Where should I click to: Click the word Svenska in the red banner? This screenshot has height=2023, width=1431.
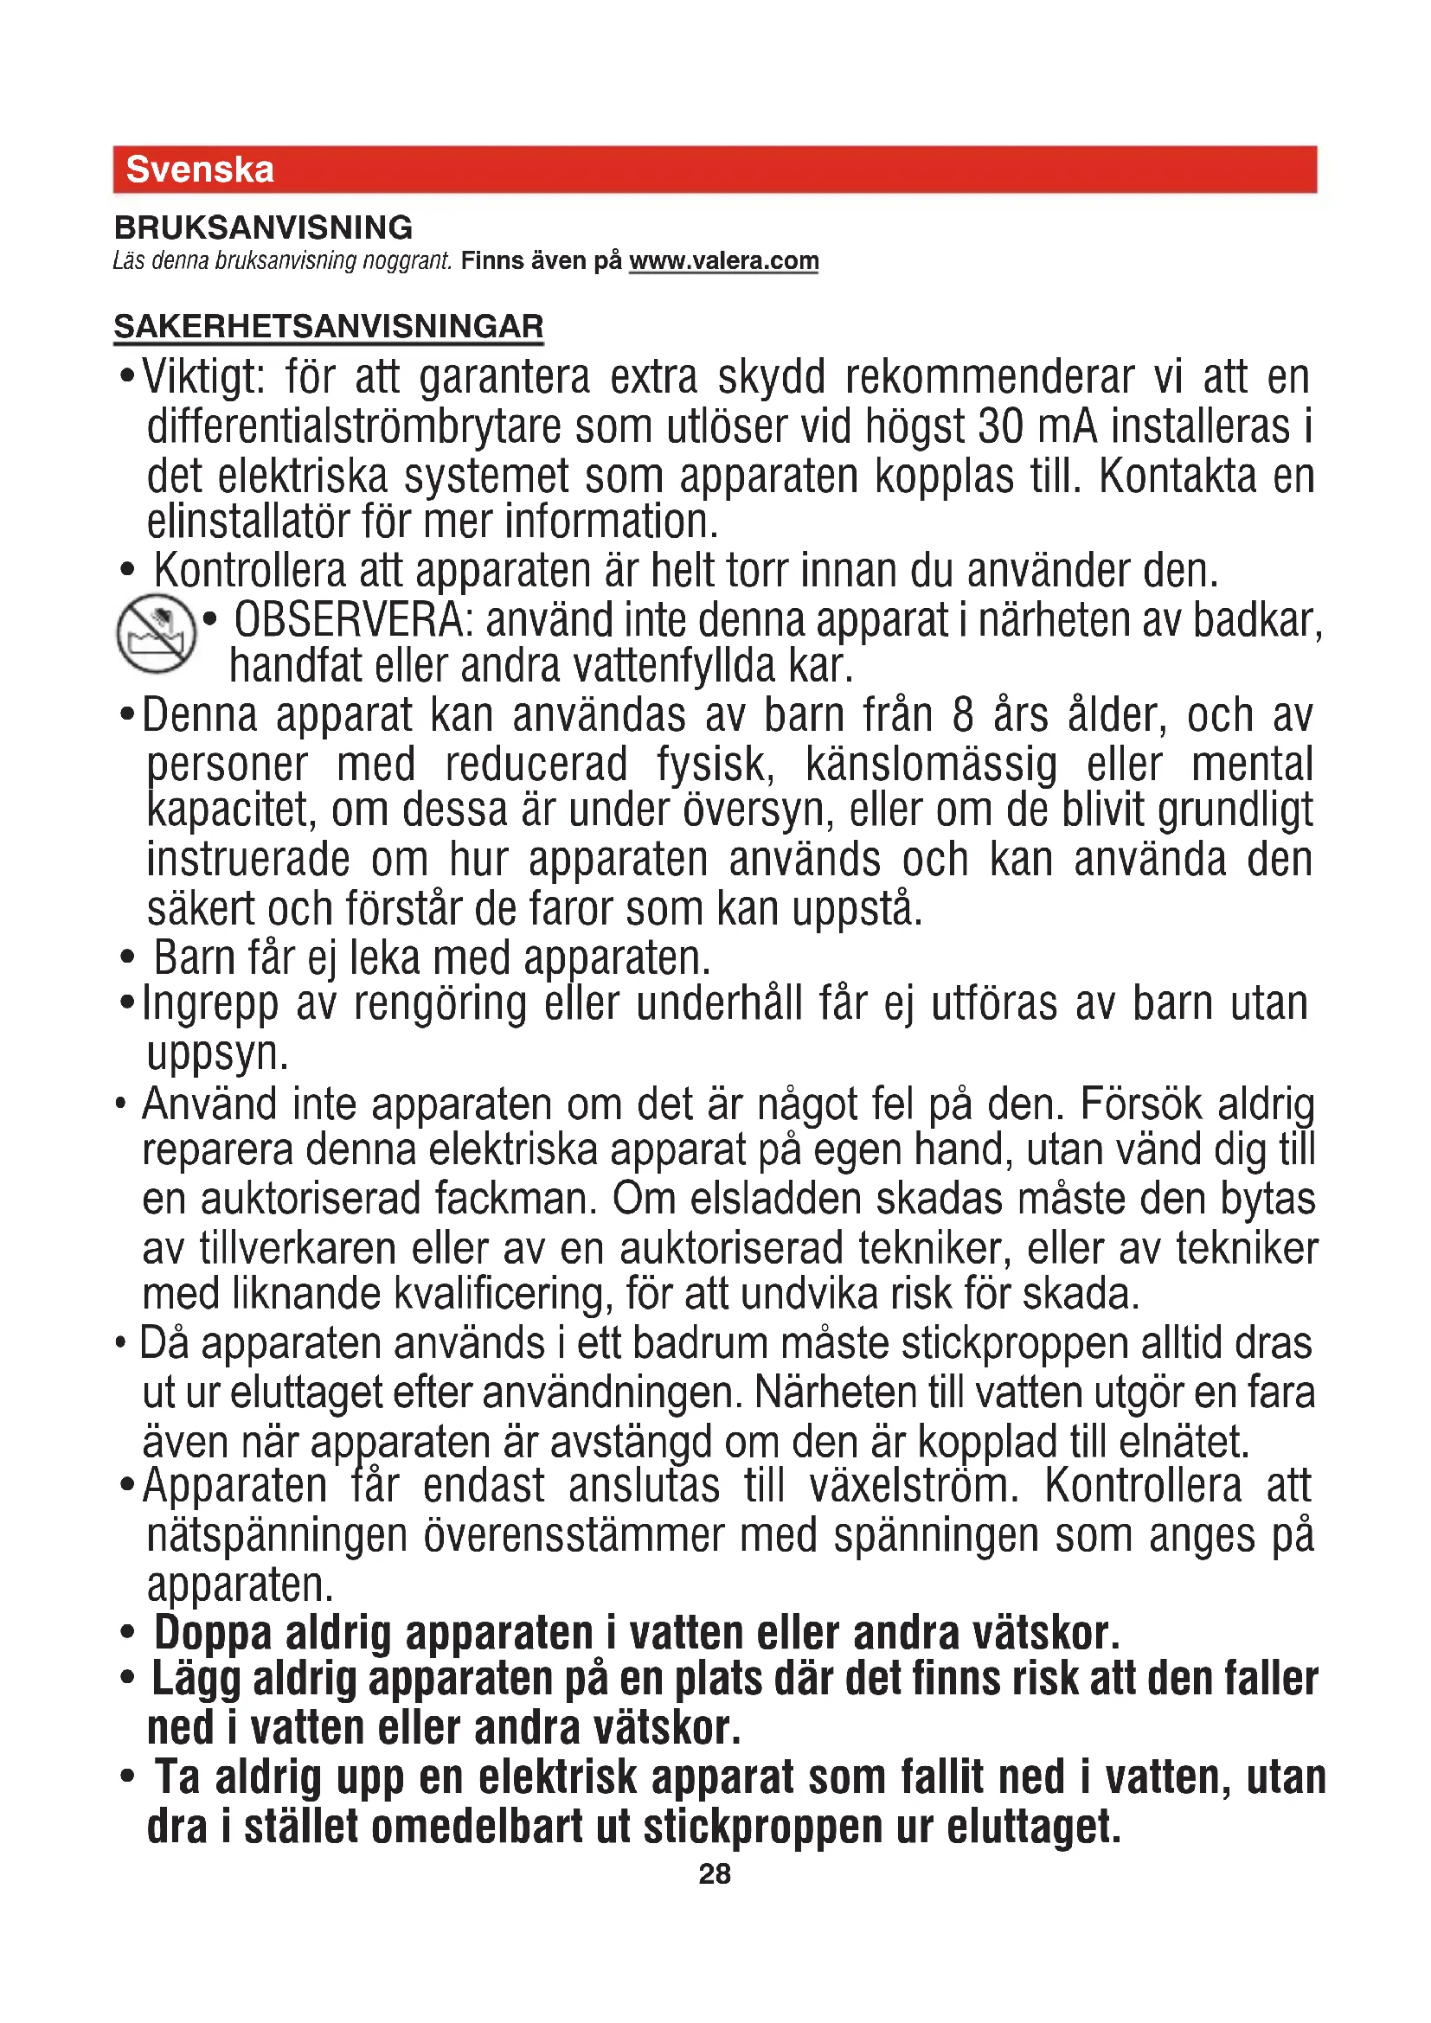point(200,170)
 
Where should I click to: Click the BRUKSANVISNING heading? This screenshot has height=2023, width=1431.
point(264,227)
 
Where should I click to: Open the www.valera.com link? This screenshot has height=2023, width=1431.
point(723,261)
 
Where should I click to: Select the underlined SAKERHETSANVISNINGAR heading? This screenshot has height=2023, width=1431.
point(329,327)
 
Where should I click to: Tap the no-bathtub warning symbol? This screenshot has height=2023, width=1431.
point(156,632)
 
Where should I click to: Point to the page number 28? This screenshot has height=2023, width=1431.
point(715,1874)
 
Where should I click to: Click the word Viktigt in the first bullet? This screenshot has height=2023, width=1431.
point(202,378)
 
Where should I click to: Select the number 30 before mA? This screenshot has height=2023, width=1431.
point(1000,427)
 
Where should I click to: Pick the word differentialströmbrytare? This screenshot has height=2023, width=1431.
point(354,427)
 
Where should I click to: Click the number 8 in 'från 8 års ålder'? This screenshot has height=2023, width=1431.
point(963,715)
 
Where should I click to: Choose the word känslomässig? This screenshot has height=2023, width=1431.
point(931,765)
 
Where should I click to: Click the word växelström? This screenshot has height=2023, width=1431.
point(914,1487)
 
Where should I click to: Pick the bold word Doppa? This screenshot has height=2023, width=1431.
point(212,1633)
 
